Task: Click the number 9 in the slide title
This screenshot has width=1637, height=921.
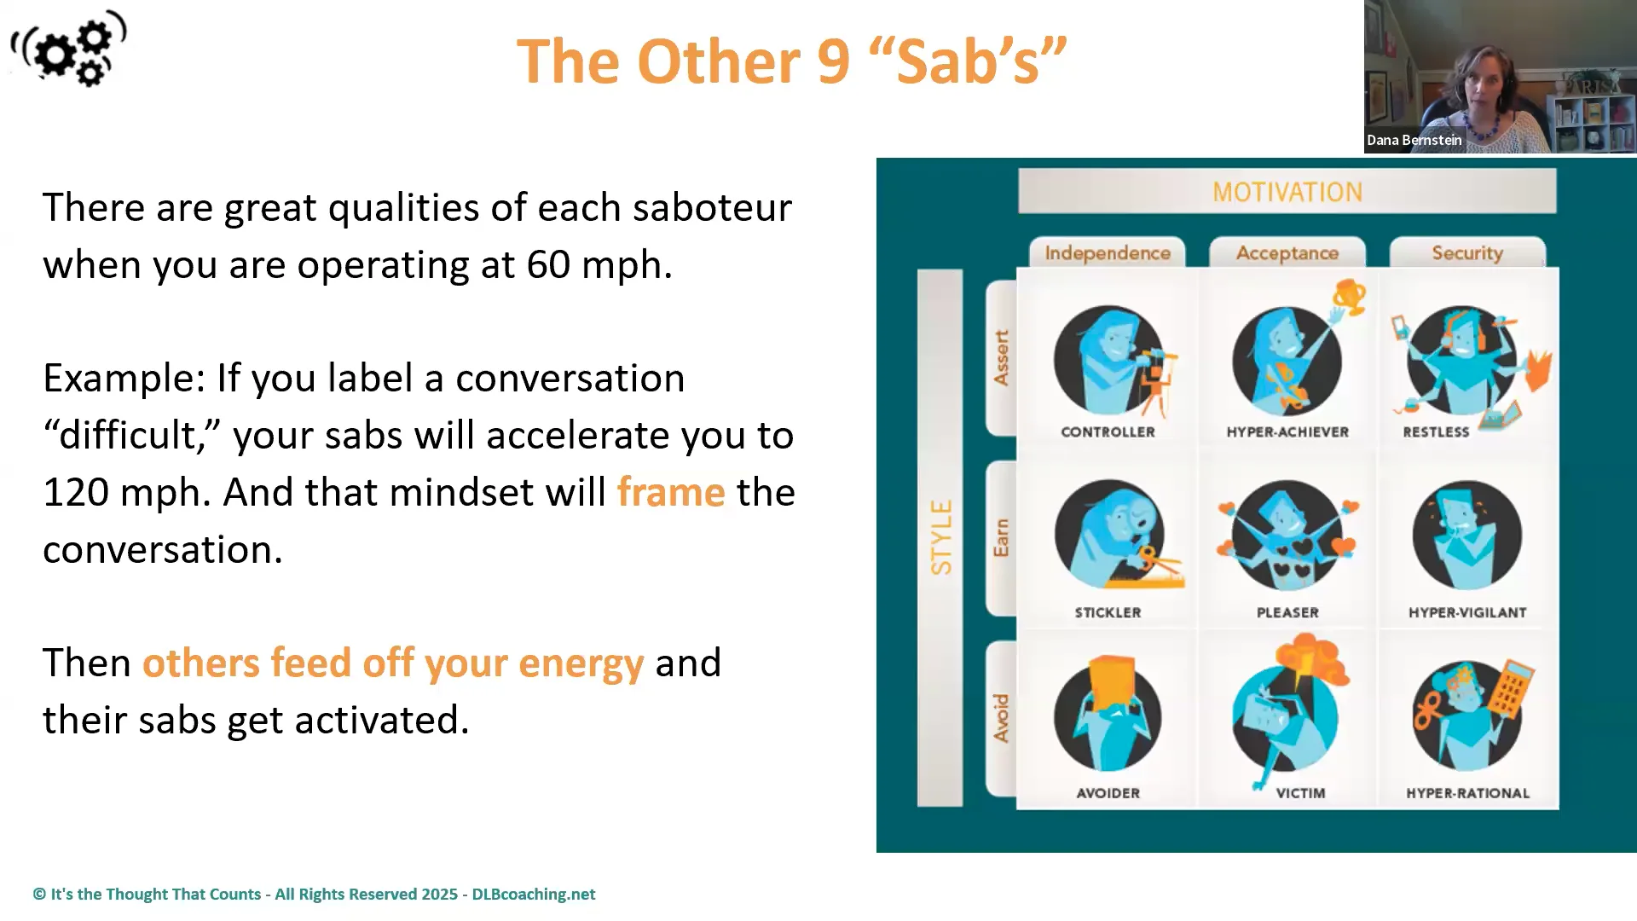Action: pyautogui.click(x=833, y=62)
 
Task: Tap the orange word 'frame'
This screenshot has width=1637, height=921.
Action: pyautogui.click(x=670, y=492)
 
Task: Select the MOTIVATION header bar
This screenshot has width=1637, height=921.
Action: pyautogui.click(x=1287, y=192)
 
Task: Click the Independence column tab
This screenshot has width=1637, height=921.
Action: pyautogui.click(x=1107, y=253)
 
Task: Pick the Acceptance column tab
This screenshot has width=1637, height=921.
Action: pyautogui.click(x=1287, y=253)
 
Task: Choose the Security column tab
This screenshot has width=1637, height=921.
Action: pyautogui.click(x=1466, y=253)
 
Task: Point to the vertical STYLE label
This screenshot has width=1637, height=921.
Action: pyautogui.click(x=940, y=537)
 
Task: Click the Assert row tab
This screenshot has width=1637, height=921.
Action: pyautogui.click(x=1001, y=358)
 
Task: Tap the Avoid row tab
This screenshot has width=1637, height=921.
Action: pyautogui.click(x=1001, y=718)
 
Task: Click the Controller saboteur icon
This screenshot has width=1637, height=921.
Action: pyautogui.click(x=1108, y=360)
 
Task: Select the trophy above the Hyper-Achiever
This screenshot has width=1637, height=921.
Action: pyautogui.click(x=1350, y=297)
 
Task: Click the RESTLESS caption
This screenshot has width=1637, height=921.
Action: pyautogui.click(x=1436, y=432)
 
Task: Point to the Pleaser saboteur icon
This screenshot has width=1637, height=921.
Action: pyautogui.click(x=1287, y=536)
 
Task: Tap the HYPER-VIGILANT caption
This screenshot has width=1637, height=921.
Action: pyautogui.click(x=1466, y=612)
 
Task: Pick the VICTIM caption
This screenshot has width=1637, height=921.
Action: pyautogui.click(x=1300, y=793)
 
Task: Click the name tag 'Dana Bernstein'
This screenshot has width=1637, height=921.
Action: pyautogui.click(x=1414, y=141)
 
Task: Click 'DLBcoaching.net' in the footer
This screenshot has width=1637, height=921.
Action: pyautogui.click(x=533, y=895)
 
